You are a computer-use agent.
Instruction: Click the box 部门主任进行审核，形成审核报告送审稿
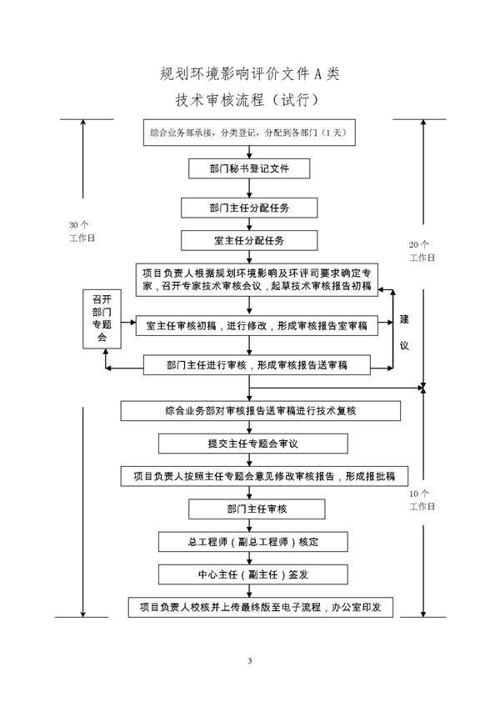click(x=256, y=364)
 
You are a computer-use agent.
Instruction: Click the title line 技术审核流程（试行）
click(x=250, y=100)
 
